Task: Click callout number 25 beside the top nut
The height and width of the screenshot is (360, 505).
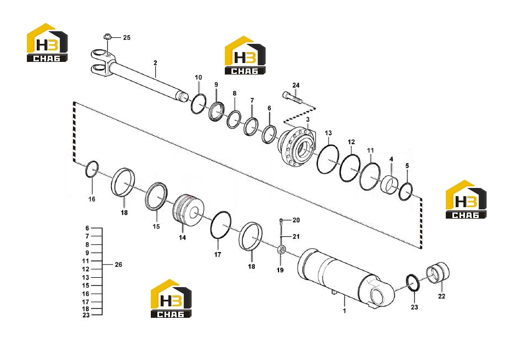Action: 127,38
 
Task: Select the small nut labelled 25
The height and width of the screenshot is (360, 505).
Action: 107,37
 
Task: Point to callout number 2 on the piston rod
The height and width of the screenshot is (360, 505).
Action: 155,62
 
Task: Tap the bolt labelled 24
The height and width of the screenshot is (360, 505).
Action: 293,97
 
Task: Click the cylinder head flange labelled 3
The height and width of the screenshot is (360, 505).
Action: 297,146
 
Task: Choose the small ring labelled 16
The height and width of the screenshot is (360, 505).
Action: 92,169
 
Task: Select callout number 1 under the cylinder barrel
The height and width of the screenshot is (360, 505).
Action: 344,311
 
